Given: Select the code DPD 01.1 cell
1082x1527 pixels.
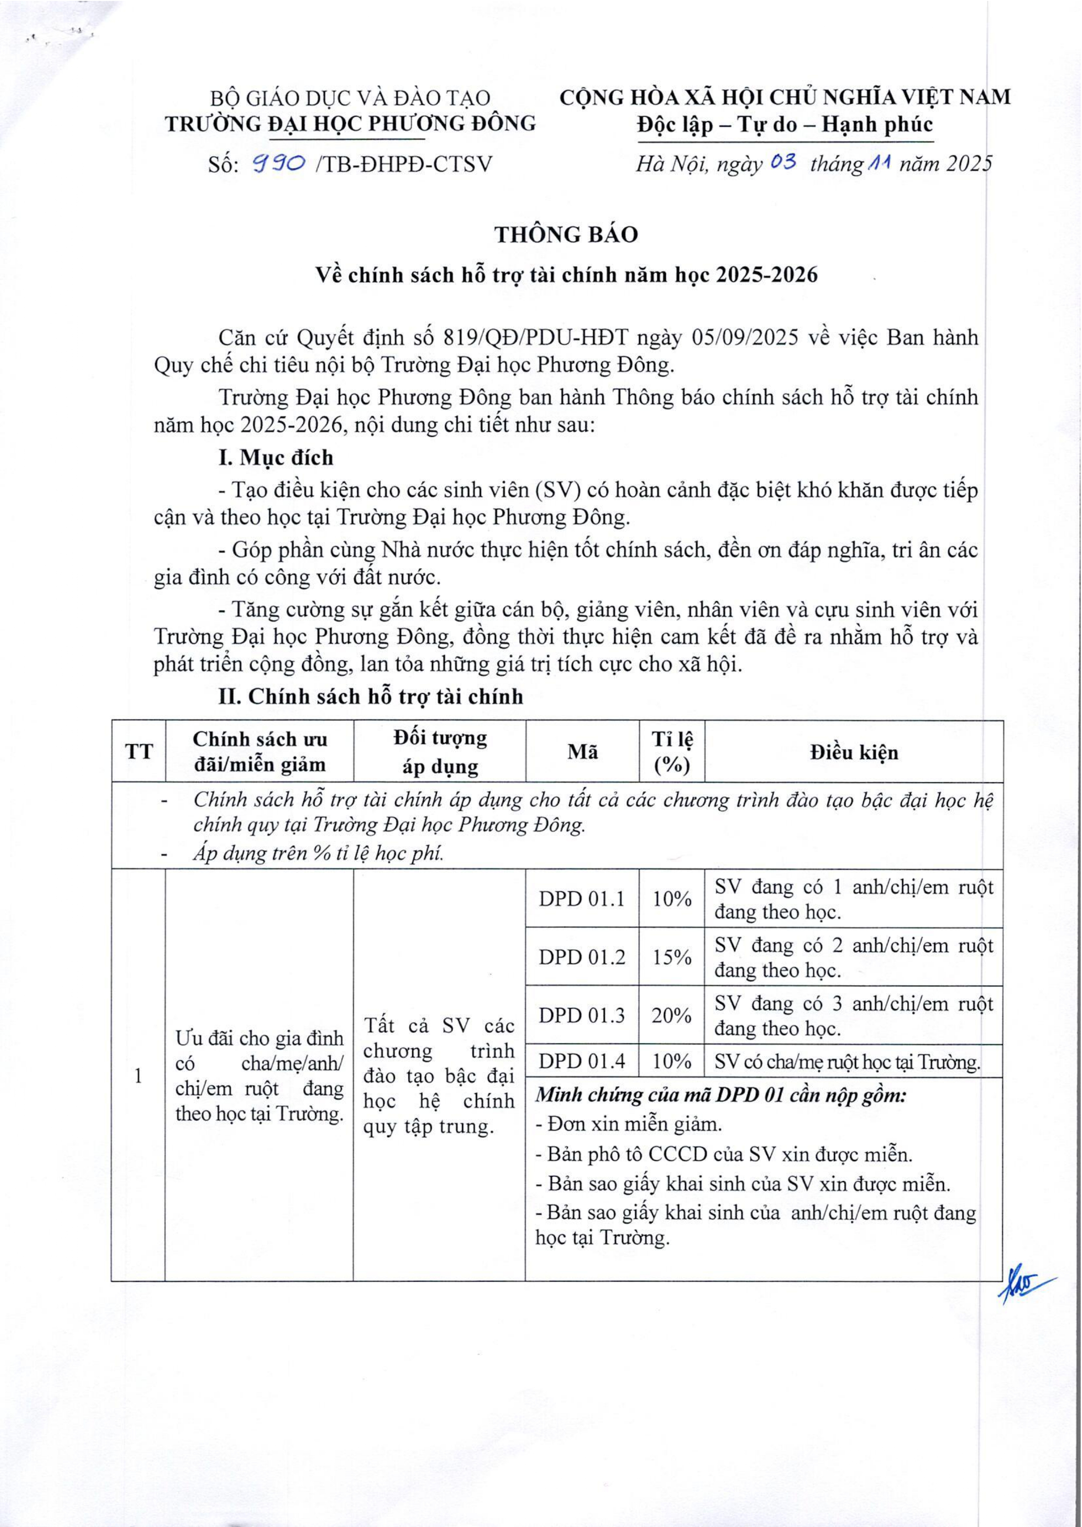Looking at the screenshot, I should click(x=581, y=899).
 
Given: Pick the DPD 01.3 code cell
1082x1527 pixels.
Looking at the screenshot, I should click(x=581, y=1015).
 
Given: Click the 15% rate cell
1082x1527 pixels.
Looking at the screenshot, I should click(x=671, y=957).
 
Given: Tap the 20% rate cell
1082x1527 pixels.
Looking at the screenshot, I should click(x=671, y=1015).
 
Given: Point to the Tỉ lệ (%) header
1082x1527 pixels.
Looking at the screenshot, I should click(x=671, y=752).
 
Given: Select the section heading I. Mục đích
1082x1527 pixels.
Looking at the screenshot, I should click(x=276, y=458).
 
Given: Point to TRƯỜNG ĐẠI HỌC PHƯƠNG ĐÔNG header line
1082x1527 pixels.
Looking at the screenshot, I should click(x=351, y=124).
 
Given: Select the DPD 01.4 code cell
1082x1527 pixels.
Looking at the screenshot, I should click(x=581, y=1061).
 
